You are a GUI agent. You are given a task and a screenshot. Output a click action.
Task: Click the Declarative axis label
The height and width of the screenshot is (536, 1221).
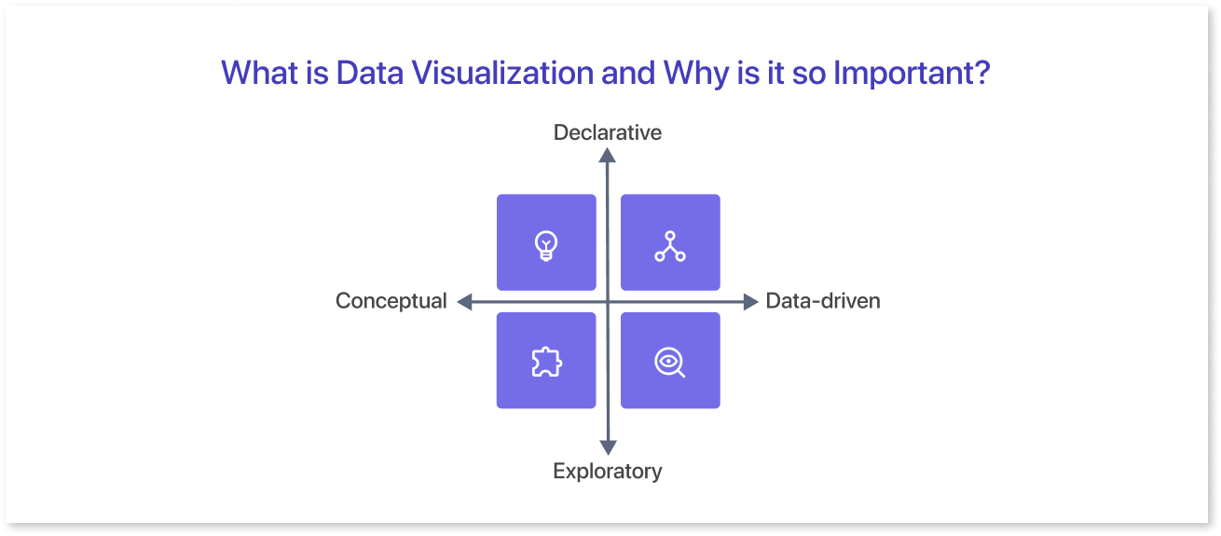607,132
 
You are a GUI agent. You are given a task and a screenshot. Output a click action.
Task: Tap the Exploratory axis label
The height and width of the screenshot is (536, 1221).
607,471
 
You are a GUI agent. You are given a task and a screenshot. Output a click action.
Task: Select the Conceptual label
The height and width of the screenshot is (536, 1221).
391,301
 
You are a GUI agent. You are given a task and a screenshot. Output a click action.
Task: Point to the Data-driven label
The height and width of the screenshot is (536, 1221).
822,301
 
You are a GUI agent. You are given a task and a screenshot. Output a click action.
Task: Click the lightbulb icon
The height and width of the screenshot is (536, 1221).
545,246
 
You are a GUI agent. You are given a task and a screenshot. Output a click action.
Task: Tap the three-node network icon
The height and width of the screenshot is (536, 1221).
670,246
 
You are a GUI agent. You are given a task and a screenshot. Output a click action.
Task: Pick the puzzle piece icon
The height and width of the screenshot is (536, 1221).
546,362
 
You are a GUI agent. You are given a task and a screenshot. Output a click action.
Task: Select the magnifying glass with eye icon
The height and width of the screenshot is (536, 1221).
669,363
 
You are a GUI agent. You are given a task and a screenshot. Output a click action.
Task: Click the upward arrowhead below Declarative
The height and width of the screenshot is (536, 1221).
607,156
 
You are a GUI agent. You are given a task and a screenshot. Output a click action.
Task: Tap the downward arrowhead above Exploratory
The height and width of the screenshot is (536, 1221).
608,447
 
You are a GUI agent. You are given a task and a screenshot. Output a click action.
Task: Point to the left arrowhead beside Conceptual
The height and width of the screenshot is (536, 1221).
464,301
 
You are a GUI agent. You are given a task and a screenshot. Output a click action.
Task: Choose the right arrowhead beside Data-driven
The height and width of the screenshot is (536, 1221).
751,301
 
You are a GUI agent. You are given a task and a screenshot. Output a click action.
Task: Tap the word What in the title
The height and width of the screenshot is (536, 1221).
259,73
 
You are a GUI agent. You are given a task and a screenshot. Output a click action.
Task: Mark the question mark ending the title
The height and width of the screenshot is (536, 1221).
982,73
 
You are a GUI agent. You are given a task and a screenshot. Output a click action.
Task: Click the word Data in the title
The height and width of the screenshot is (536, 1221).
370,73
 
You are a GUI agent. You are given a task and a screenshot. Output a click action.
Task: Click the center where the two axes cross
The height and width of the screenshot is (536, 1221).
608,301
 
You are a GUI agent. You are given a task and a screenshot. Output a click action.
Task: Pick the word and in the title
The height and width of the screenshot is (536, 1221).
628,73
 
